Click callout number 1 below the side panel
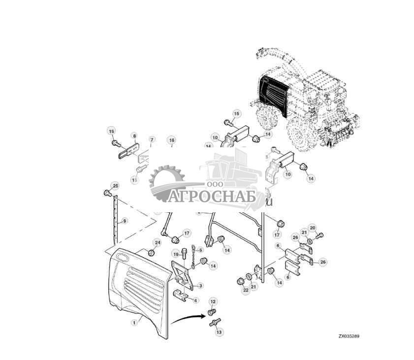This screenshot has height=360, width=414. coord(133,323)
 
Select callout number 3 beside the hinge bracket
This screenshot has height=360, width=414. coord(200,286)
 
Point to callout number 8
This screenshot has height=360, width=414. coord(133,135)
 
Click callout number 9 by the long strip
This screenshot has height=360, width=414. coord(125,221)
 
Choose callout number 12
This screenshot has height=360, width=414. coord(213,300)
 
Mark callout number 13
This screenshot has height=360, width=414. coord(219,333)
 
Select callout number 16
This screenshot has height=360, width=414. coord(171,140)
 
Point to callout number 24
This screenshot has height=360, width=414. coord(158,242)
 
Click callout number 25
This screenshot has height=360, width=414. coord(115,186)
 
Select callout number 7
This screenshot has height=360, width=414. coord(152,140)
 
